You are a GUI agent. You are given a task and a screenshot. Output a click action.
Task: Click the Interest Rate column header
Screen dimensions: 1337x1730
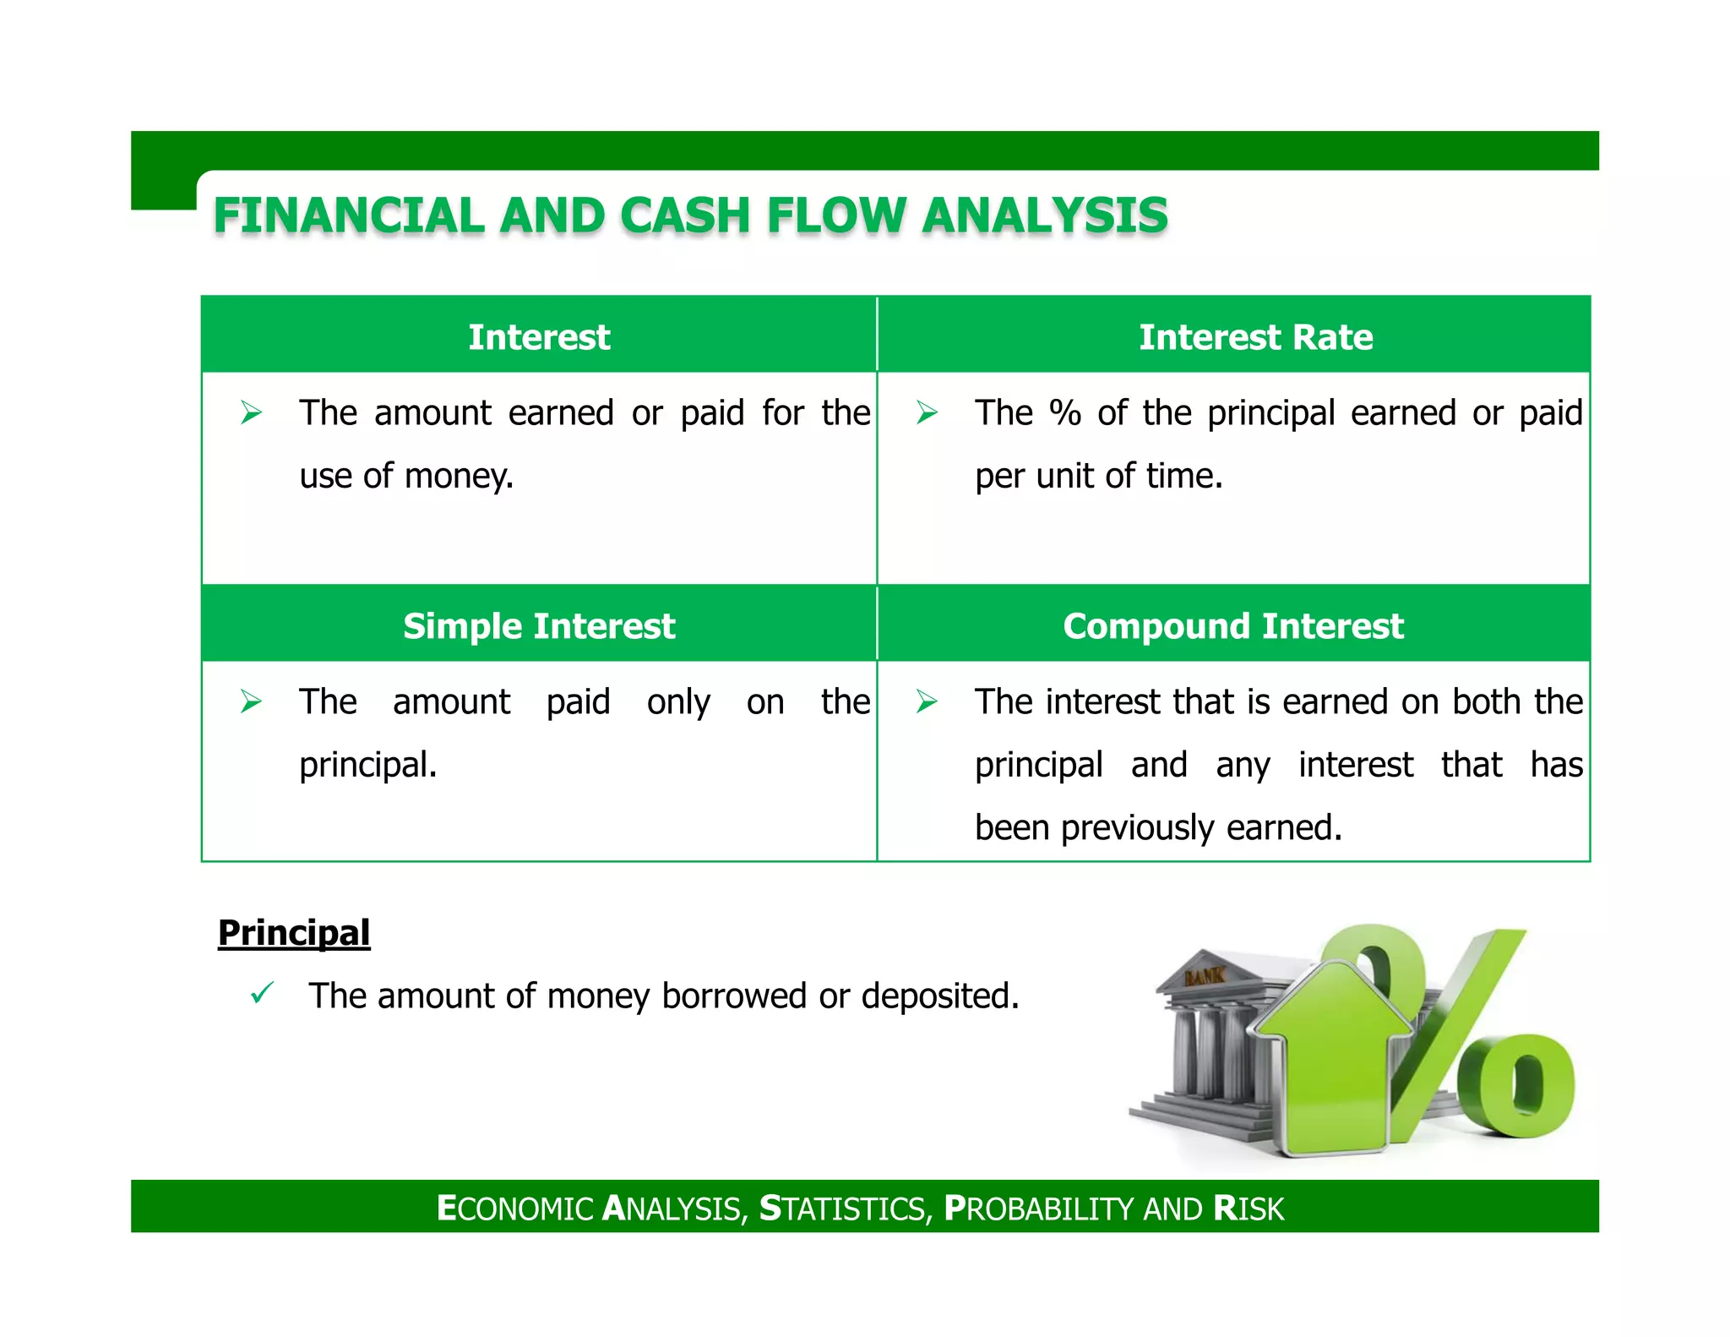1255,337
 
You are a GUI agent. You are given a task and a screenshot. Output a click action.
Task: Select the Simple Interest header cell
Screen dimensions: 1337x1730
539,626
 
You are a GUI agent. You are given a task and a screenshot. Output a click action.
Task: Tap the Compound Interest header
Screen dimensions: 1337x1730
1232,626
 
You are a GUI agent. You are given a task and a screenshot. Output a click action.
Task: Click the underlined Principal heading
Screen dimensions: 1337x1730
294,933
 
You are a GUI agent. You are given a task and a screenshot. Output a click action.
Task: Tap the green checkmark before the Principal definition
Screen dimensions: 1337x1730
262,992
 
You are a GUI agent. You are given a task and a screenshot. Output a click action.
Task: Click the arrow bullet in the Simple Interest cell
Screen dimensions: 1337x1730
251,701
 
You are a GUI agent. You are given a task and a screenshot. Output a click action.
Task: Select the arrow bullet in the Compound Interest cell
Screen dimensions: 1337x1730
927,701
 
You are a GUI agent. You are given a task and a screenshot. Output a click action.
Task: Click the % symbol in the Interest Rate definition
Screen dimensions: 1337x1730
1065,413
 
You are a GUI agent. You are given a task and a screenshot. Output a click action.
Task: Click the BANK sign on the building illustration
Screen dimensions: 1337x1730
1205,976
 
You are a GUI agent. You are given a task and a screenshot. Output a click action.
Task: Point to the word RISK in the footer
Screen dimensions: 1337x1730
1248,1209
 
